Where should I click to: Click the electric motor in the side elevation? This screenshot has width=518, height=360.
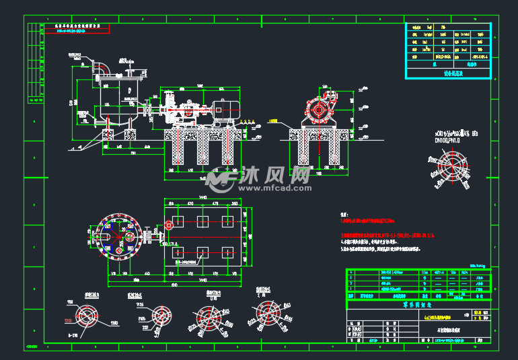click(224, 110)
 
